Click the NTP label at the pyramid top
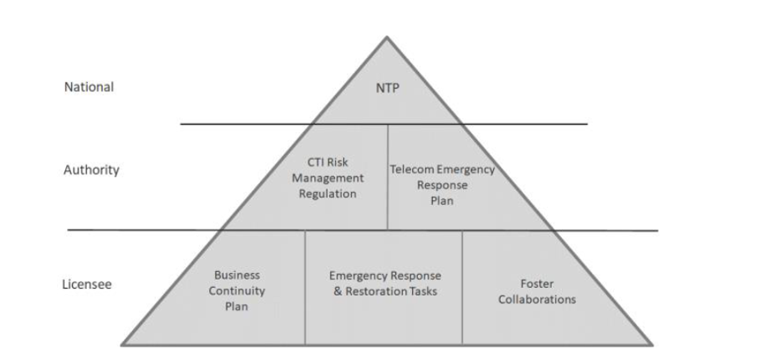[x=387, y=89]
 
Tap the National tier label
[x=89, y=87]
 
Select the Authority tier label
[x=91, y=170]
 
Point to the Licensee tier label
[x=87, y=284]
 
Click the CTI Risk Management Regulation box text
[x=332, y=177]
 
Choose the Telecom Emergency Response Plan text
[x=442, y=184]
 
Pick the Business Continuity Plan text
[x=237, y=291]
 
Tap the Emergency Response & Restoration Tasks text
[x=384, y=283]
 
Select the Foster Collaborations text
[x=537, y=291]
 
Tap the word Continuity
[x=237, y=291]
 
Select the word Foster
[x=537, y=284]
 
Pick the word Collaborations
[x=537, y=299]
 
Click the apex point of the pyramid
[x=387, y=37]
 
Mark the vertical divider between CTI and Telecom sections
[x=388, y=177]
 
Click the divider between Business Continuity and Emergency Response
[x=305, y=287]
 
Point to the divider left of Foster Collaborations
[x=462, y=287]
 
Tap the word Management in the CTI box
[x=332, y=177]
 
